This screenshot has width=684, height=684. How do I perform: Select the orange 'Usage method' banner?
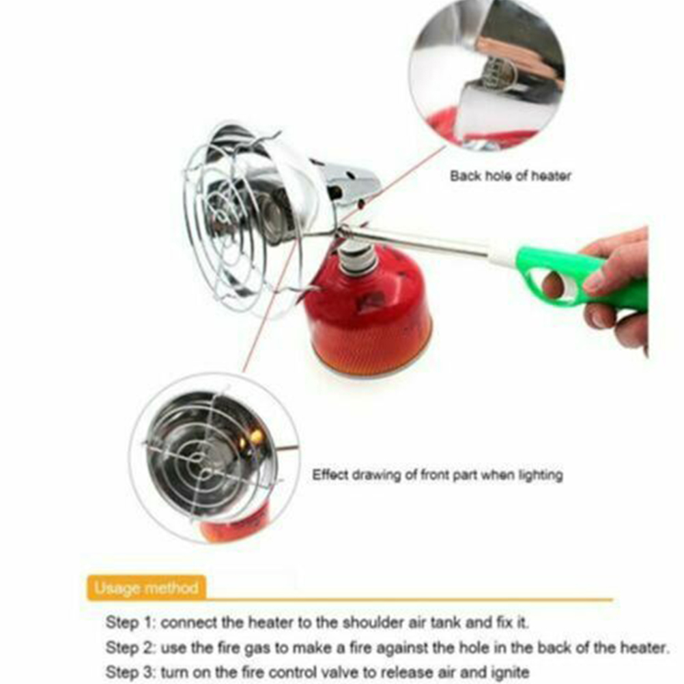[x=146, y=588]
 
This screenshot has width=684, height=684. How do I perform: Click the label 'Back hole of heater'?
[x=511, y=176]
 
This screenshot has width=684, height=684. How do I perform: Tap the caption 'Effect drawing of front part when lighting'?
[x=437, y=474]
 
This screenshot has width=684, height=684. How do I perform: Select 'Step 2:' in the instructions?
[x=130, y=647]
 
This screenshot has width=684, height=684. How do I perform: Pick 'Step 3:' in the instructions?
[x=130, y=672]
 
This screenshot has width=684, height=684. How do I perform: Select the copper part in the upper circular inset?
[x=519, y=61]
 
